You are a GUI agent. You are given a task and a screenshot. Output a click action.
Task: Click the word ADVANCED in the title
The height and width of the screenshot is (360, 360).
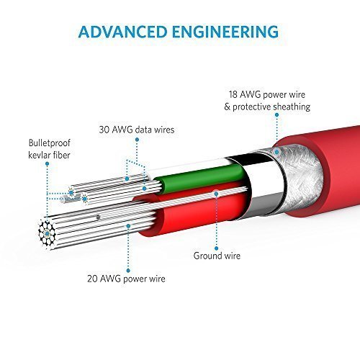[122, 32]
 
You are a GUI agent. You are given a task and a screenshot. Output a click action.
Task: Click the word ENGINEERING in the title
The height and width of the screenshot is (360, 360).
[225, 32]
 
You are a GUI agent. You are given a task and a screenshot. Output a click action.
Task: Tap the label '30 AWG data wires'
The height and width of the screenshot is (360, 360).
[137, 130]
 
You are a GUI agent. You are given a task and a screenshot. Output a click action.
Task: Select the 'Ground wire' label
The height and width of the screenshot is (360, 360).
[217, 256]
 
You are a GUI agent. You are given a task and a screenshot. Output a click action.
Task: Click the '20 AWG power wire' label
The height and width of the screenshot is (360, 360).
[126, 279]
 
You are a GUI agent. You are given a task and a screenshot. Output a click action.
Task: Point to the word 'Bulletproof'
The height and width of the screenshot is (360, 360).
[49, 143]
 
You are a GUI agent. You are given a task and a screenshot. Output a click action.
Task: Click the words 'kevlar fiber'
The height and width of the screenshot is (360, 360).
[49, 155]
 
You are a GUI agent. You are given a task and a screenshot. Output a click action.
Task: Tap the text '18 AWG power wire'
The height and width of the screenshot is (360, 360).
[267, 94]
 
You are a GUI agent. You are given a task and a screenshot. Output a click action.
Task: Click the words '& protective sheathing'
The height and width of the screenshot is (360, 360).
[267, 107]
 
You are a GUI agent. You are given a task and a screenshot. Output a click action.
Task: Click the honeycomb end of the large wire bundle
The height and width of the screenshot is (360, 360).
[47, 233]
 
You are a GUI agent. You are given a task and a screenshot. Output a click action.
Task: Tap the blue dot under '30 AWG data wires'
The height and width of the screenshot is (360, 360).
[137, 140]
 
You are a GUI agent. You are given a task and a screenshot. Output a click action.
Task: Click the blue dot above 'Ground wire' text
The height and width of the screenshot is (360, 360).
[217, 248]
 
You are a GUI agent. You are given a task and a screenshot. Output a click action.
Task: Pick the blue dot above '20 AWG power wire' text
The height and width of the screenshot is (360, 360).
[128, 271]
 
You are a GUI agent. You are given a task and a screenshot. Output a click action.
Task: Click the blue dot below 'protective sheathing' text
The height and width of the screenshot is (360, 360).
[276, 115]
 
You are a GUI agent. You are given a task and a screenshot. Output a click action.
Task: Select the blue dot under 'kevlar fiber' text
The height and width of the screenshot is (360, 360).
[48, 164]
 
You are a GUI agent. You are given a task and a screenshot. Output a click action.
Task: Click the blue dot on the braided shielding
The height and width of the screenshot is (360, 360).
[276, 152]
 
